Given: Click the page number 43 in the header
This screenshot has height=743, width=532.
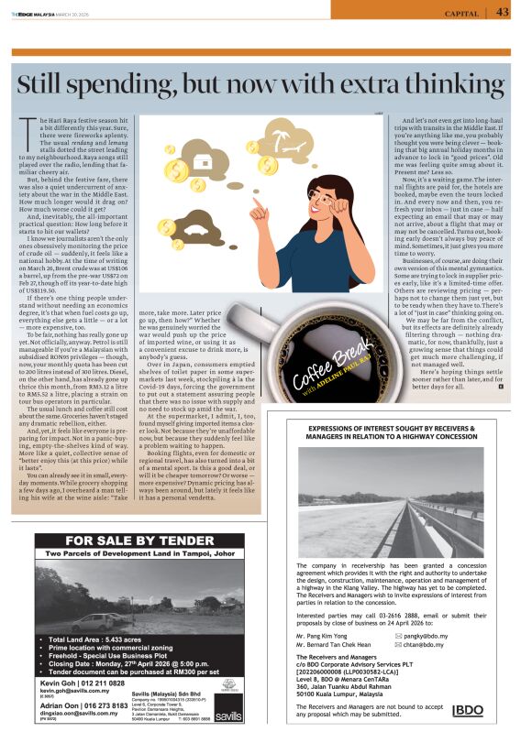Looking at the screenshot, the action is pyautogui.click(x=504, y=12).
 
